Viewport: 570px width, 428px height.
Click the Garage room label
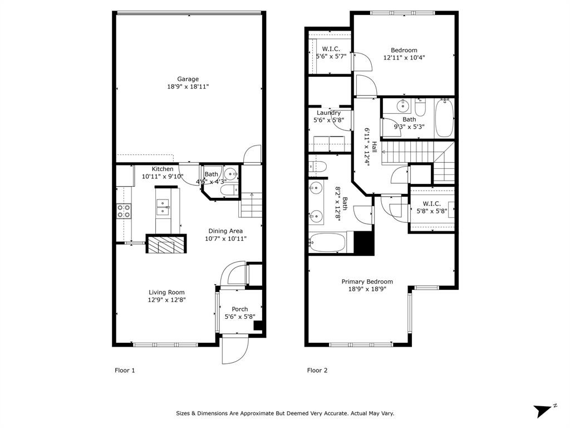(x=188, y=79)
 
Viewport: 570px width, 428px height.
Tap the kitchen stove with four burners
(x=124, y=211)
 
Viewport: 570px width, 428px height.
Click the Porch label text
(x=240, y=309)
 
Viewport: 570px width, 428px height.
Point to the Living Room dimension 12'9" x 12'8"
(x=166, y=300)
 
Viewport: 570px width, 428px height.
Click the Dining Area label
(x=225, y=231)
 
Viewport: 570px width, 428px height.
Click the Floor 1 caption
(x=125, y=371)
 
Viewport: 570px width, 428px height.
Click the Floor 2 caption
(x=317, y=371)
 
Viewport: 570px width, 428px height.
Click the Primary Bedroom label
(x=367, y=281)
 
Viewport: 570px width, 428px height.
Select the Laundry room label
(x=328, y=113)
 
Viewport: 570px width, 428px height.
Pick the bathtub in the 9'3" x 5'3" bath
(x=444, y=118)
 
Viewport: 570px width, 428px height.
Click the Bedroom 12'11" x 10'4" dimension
(x=404, y=57)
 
